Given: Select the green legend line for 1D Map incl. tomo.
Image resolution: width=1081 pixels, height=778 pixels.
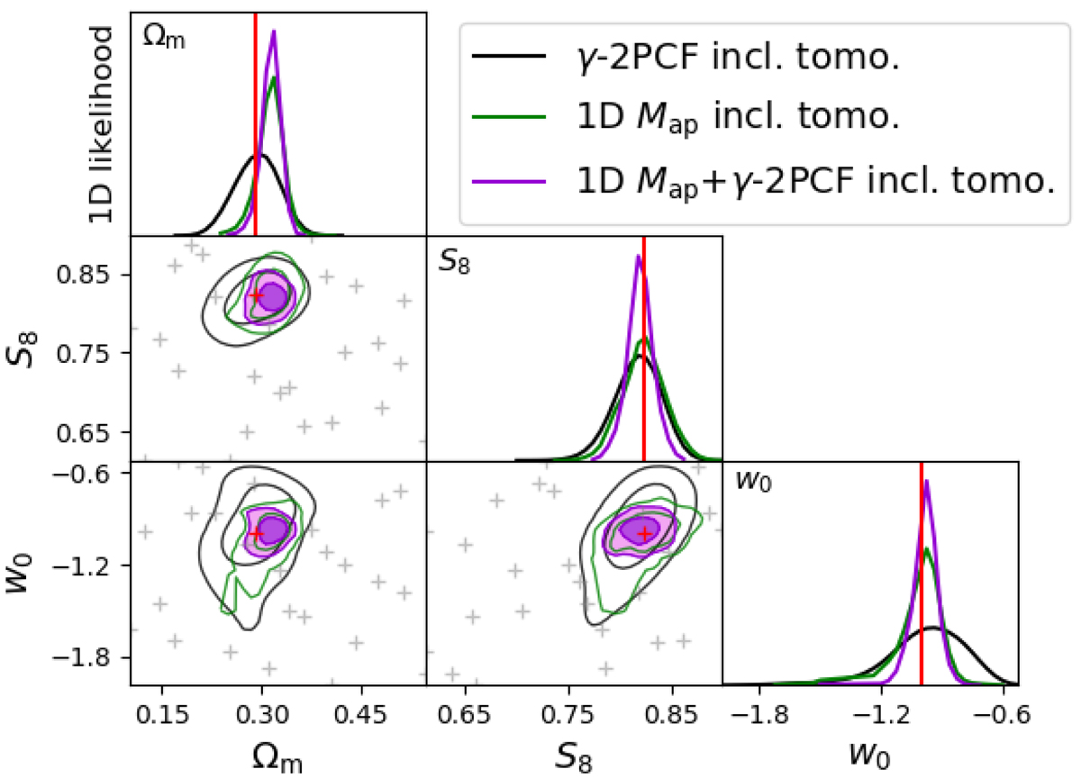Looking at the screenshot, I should pyautogui.click(x=508, y=121).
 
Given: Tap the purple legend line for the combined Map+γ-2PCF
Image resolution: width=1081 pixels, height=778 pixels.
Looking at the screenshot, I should pyautogui.click(x=508, y=181).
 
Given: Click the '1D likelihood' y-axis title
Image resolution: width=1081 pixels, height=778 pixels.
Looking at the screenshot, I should pyautogui.click(x=101, y=124).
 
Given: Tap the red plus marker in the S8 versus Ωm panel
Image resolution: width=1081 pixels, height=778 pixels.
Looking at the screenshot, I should pyautogui.click(x=256, y=295).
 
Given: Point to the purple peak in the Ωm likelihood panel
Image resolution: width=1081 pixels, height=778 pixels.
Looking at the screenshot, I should pyautogui.click(x=274, y=32).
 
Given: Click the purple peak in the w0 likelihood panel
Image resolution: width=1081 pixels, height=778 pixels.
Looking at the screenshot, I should pyautogui.click(x=927, y=480).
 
